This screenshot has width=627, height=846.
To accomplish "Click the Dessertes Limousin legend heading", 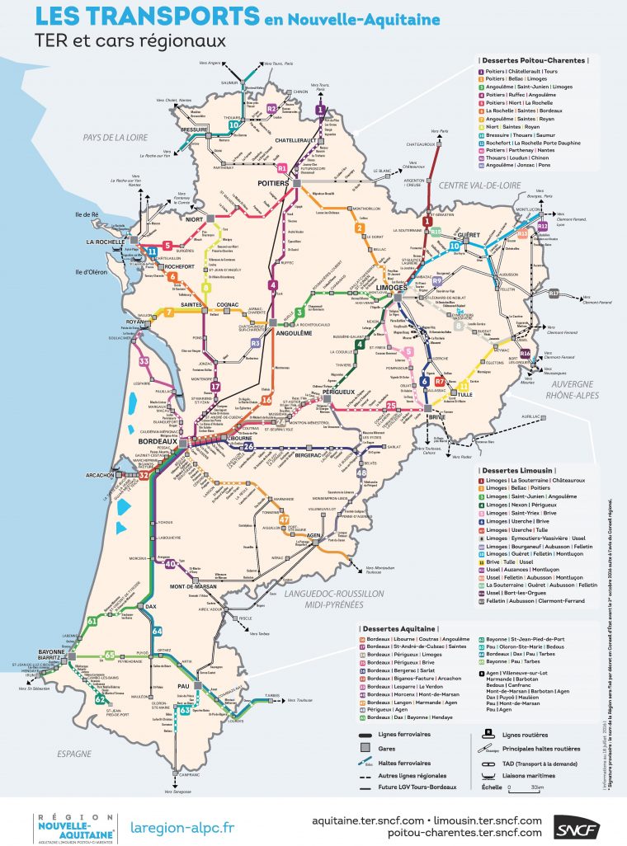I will tap(513, 470).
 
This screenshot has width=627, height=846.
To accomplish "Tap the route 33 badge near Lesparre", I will tap(144, 361).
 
